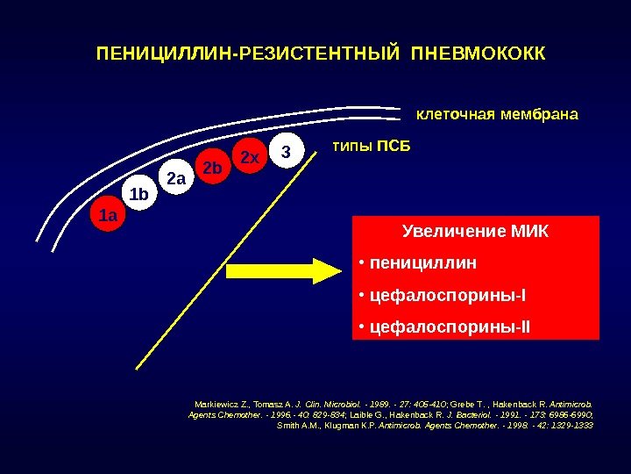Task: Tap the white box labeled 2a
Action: coord(177,180)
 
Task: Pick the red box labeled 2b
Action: coord(212,167)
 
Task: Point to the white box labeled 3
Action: coord(284,151)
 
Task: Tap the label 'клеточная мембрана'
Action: coord(497,115)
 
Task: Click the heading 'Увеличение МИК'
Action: coord(475,233)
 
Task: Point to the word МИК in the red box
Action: coord(528,233)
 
